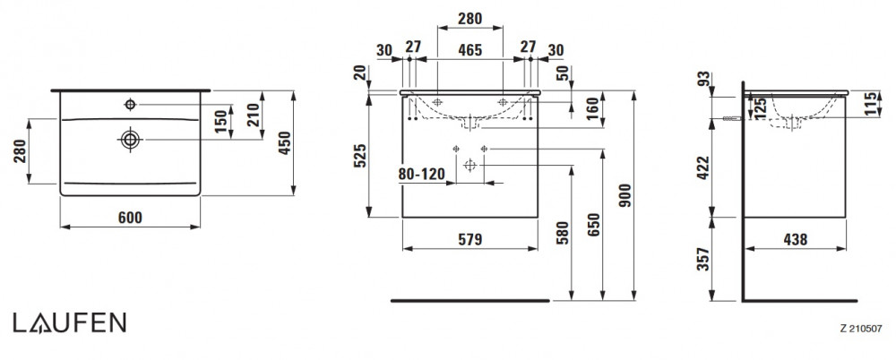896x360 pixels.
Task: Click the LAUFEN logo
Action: coord(69,323)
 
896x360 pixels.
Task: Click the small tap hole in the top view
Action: coord(130,105)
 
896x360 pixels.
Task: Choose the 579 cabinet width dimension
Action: coord(470,240)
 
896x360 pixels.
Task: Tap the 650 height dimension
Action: coord(594,226)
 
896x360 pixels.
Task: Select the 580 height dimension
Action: coord(562,233)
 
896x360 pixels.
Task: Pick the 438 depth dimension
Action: coord(795,240)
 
